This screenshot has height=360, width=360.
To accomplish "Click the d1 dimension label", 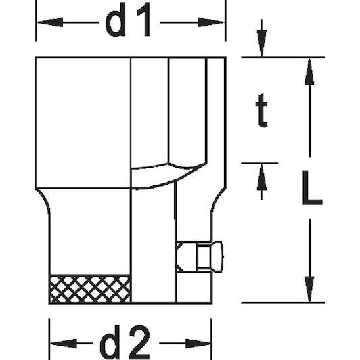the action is tap(128, 20).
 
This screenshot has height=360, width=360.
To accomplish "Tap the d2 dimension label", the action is tap(125, 342).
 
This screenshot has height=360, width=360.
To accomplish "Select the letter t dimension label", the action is tap(261, 110).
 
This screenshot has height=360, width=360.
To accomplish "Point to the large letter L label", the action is tap(312, 187).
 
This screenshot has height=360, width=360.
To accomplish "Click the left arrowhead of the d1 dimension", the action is tap(49, 22).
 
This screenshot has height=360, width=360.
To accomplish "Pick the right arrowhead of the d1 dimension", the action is tap(211, 22).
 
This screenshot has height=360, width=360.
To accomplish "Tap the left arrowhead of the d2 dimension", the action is tap(64, 344).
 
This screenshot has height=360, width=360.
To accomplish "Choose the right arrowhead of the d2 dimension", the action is tap(198, 344).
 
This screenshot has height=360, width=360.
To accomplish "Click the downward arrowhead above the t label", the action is tap(261, 43).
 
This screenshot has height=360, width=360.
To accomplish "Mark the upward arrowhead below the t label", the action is tap(261, 177).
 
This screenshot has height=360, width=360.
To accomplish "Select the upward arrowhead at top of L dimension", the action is tap(309, 72).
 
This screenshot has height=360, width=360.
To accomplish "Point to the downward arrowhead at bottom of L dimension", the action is tap(309, 290).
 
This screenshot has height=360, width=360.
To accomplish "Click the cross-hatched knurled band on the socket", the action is tap(90, 289).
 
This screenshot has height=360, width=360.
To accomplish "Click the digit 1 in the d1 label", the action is tap(144, 20).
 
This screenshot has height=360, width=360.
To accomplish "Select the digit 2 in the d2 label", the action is tap(139, 342).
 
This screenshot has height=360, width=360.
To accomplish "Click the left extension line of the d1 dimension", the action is tap(36, 21).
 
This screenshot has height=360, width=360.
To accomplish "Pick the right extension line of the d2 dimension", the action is tap(211, 339).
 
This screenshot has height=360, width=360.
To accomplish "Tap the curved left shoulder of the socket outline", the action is tap(43, 199).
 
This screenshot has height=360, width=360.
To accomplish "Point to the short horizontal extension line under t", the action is tap(259, 163).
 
